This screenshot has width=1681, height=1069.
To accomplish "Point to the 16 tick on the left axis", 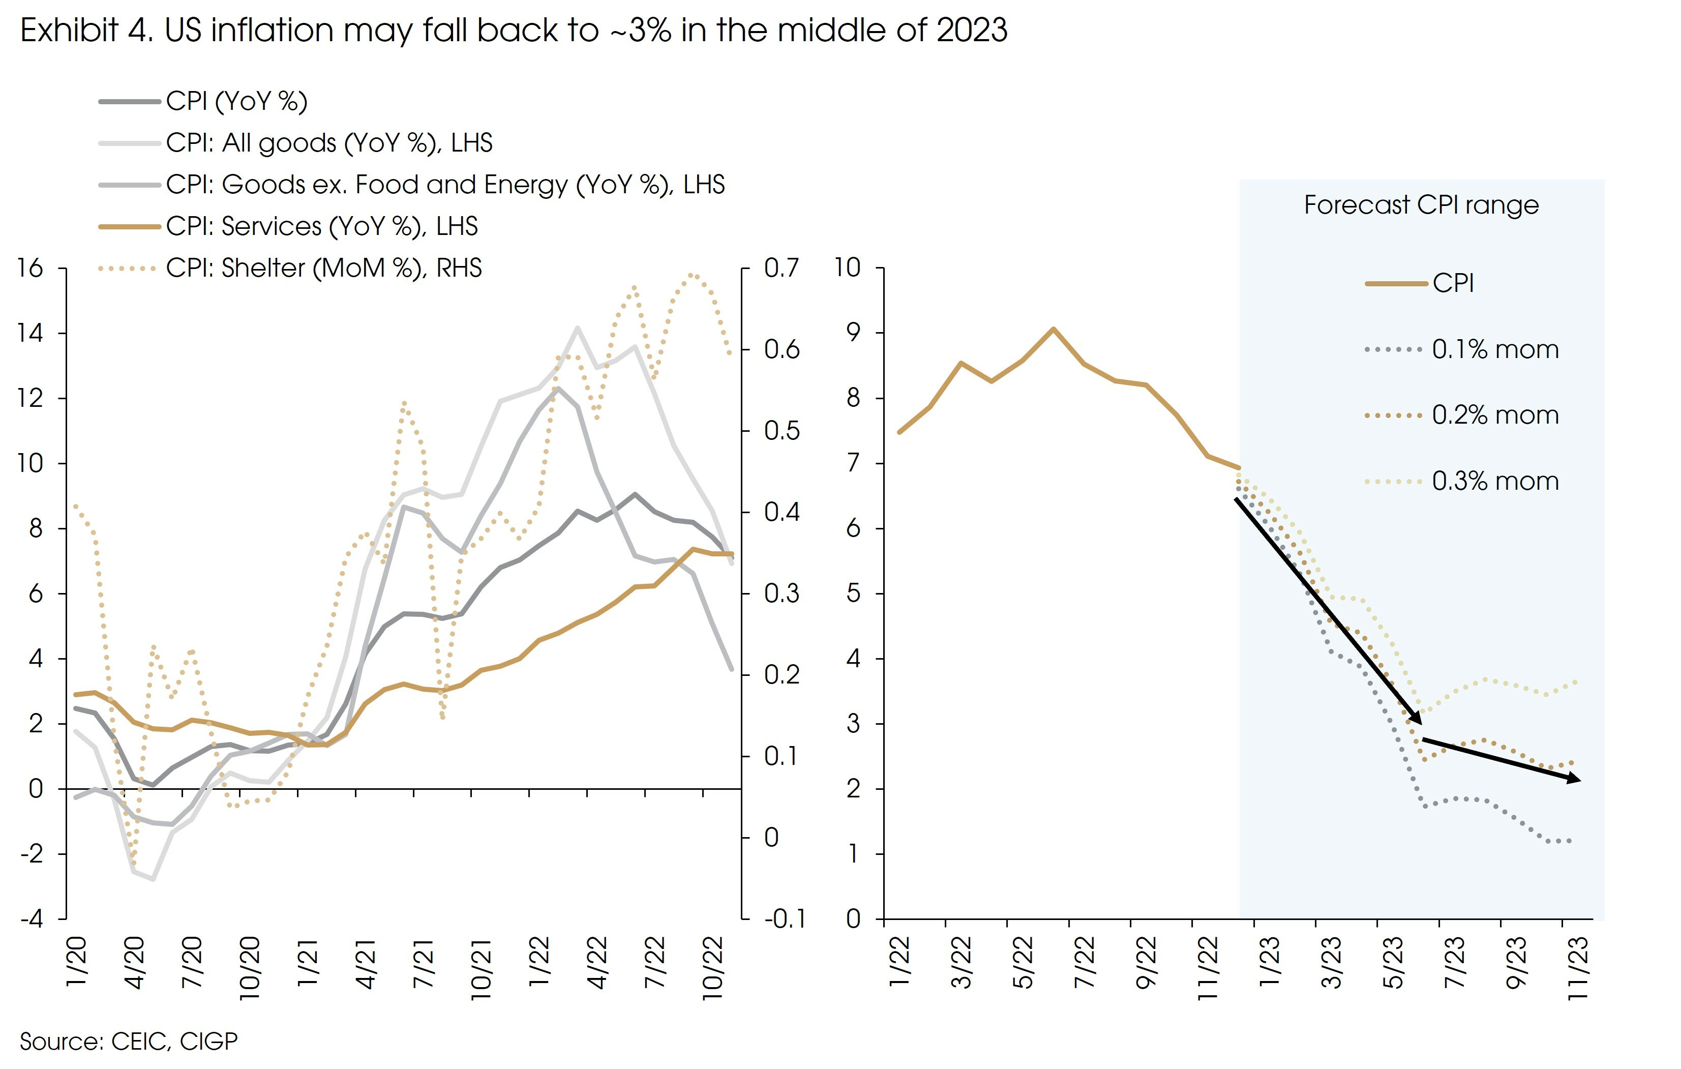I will (x=31, y=268).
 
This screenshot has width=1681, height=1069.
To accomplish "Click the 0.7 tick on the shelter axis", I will (x=781, y=268).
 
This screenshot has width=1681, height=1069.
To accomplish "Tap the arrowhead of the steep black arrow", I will (x=1418, y=719).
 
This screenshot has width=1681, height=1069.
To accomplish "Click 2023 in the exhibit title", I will (x=972, y=31).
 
